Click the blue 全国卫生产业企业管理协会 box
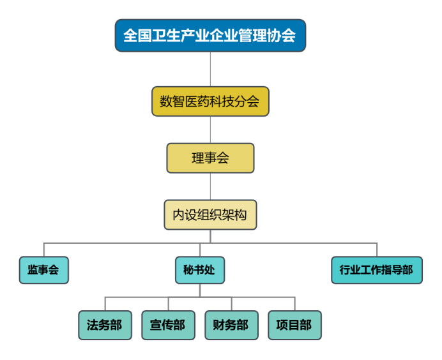click(210, 35)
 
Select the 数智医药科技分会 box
click(210, 101)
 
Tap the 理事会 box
click(210, 158)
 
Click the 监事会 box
click(43, 270)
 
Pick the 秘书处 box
click(200, 270)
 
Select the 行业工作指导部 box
click(377, 270)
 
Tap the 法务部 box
click(105, 325)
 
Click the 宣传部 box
click(168, 325)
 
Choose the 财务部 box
click(231, 325)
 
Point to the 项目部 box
click(294, 325)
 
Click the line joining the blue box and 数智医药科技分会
click(210, 69)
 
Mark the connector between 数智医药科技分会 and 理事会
click(210, 130)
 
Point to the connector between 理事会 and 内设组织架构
click(210, 187)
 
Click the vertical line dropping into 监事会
click(43, 250)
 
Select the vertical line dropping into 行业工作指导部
click(377, 250)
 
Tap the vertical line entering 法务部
click(105, 304)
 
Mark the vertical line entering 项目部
click(294, 304)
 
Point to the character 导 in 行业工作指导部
click(393, 270)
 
